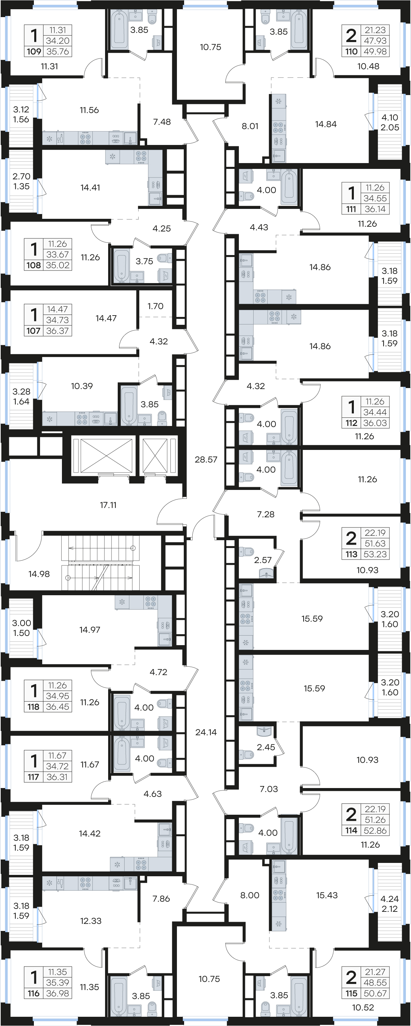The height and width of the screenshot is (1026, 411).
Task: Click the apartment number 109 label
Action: [x=34, y=51]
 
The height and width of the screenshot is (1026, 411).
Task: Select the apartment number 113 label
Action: [x=351, y=554]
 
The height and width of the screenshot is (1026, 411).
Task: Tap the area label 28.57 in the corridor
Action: [x=206, y=459]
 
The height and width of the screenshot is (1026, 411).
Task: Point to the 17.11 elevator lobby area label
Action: [x=108, y=505]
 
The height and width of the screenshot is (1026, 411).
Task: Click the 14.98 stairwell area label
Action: [x=39, y=574]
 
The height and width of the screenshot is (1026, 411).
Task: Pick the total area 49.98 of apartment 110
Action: [x=375, y=51]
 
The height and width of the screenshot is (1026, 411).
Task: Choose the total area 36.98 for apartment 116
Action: [x=58, y=993]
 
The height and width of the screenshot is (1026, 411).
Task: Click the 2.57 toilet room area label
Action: [x=263, y=560]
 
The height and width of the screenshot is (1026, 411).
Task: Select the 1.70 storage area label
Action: [x=155, y=306]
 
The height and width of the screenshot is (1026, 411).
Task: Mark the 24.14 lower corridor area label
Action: [x=206, y=732]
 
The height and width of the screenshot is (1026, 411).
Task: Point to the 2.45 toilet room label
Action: [x=266, y=747]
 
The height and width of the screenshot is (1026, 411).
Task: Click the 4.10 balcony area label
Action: [x=390, y=118]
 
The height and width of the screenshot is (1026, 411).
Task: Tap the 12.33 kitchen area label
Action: [x=91, y=921]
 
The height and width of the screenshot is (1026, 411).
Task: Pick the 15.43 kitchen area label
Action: [x=327, y=895]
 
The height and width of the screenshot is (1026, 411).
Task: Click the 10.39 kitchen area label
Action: [x=82, y=386]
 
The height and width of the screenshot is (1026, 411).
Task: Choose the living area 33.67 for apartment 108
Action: [x=58, y=254]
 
